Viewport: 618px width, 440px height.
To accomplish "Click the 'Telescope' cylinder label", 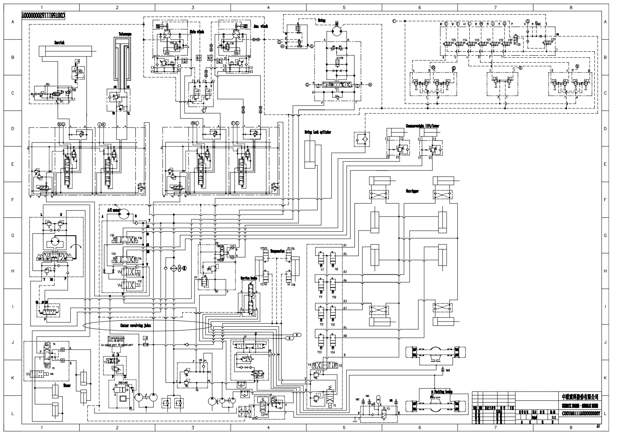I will point(125,34).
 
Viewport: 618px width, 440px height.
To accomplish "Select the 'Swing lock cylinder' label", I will point(318,132).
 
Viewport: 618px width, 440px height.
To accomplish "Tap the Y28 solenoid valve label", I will point(341,58).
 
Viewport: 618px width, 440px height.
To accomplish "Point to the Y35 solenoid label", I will point(112,236).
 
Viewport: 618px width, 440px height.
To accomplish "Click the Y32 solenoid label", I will point(139,281).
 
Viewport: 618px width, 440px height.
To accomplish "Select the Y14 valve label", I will point(333,352).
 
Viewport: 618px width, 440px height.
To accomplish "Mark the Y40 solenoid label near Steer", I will point(51,374).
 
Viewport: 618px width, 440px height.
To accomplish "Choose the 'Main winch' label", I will point(197,31).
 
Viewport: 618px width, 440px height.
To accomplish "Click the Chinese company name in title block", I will point(582,397).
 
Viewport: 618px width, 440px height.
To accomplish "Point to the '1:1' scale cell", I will point(554,418).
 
